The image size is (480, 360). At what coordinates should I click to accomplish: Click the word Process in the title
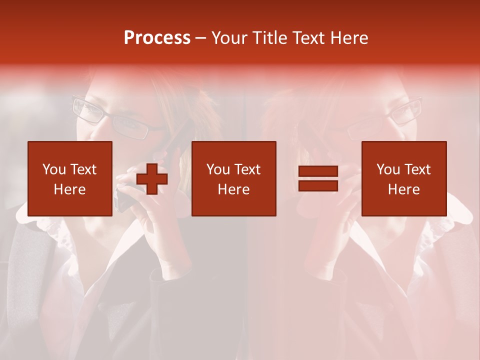[x=157, y=38]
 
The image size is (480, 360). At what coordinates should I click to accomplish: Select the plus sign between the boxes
[x=152, y=179]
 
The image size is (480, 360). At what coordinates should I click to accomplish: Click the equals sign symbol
[x=318, y=178]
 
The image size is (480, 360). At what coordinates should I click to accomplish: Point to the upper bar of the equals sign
[x=318, y=172]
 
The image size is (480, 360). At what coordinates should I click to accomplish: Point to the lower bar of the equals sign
[x=318, y=185]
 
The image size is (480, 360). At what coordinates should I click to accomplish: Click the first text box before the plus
[x=69, y=178]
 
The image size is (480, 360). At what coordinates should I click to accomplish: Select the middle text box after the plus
[x=233, y=178]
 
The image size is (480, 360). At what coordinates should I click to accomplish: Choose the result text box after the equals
[x=403, y=178]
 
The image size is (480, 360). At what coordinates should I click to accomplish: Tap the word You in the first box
[x=54, y=169]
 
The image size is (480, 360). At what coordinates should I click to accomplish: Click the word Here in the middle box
[x=233, y=189]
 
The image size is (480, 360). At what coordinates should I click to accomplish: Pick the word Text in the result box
[x=417, y=169]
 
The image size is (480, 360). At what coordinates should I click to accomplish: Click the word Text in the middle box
[x=247, y=169]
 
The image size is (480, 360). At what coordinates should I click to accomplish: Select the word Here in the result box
[x=403, y=189]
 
